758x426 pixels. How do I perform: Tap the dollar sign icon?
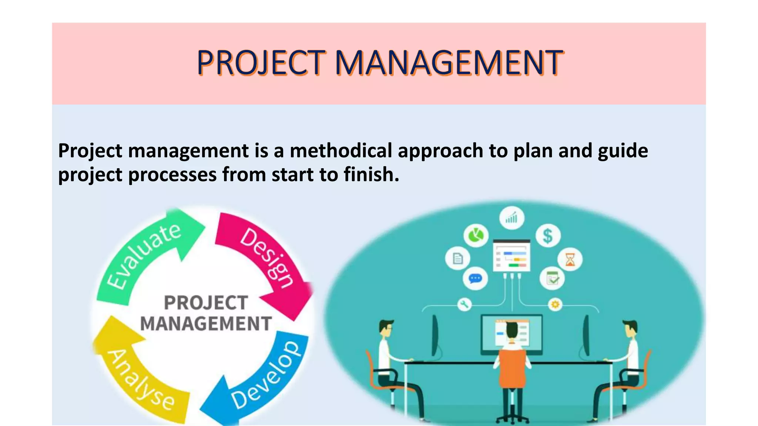548,236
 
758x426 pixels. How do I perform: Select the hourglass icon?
570,259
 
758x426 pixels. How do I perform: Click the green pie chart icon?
476,235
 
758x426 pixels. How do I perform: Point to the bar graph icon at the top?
512,218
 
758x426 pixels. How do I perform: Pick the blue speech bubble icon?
475,278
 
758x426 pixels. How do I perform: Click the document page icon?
458,258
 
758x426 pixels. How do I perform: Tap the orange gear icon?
555,304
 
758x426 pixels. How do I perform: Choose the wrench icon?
464,304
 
